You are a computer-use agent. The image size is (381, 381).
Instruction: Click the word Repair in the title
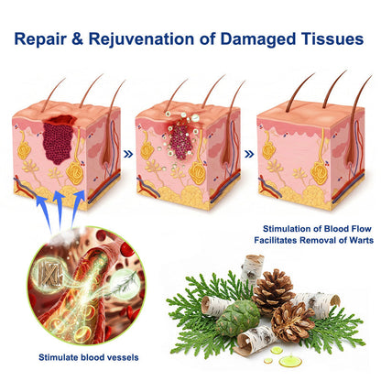tap(40, 39)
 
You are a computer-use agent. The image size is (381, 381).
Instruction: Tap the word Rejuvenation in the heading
tap(141, 39)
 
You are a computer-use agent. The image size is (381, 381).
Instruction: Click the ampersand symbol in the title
tap(78, 38)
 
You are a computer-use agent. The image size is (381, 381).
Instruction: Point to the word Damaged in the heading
tap(257, 40)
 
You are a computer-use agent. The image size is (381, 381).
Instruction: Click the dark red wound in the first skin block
tap(59, 138)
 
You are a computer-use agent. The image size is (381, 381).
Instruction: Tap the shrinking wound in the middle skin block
tap(180, 139)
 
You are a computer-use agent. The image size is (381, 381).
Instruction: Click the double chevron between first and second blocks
tap(128, 154)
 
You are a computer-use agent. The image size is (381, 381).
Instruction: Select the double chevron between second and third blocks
tap(249, 154)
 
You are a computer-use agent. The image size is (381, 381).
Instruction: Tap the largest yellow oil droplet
tap(290, 360)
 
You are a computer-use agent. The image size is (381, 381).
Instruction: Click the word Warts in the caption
tap(362, 240)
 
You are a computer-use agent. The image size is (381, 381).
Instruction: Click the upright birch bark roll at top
tap(252, 269)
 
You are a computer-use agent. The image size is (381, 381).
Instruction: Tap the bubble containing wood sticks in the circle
tap(49, 271)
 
